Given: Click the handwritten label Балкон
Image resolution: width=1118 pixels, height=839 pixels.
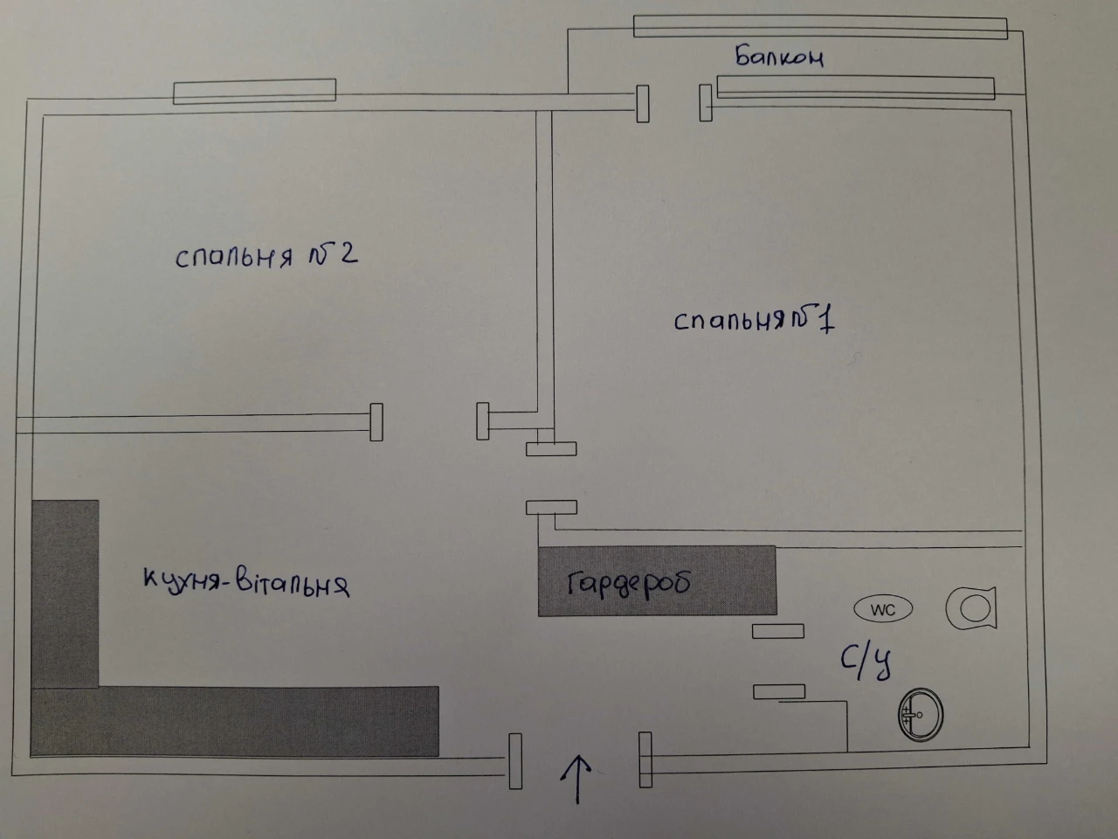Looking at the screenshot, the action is [x=779, y=57].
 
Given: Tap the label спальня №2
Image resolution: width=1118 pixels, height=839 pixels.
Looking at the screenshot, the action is [x=266, y=256].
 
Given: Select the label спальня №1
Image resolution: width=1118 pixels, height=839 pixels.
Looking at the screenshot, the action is [x=755, y=322].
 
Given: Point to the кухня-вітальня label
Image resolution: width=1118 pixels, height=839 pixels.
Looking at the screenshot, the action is [x=246, y=583].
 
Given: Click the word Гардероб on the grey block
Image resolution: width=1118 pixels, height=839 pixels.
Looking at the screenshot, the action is [x=630, y=584].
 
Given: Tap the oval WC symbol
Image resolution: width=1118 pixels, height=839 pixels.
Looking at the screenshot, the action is [x=883, y=609].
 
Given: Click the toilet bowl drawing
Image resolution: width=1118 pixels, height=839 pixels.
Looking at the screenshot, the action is [x=970, y=608].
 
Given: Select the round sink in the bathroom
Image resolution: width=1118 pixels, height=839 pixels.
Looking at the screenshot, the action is [x=921, y=715].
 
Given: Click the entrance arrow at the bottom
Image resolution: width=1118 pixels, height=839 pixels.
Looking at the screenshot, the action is [x=577, y=780].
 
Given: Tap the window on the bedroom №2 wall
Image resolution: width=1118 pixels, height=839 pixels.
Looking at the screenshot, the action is [x=255, y=91].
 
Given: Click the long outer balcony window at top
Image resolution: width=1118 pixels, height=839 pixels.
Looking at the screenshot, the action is [x=820, y=27].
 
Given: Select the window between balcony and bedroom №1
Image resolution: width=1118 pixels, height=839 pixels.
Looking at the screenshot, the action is [x=856, y=87].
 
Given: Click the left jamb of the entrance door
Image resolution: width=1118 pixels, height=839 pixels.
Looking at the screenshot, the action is [x=515, y=761].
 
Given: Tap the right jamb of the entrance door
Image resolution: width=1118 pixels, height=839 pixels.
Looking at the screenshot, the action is [x=645, y=760].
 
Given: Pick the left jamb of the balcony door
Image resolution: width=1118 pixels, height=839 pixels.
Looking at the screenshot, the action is [x=643, y=103].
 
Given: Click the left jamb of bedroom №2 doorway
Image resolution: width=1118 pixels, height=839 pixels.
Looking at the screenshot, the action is [x=376, y=422].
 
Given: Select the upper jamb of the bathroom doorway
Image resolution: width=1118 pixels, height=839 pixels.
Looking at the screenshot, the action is [x=778, y=631].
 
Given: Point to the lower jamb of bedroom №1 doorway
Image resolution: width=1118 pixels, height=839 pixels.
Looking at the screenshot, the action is [x=552, y=508].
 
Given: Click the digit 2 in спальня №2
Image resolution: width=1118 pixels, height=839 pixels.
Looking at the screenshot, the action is [x=349, y=253].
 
